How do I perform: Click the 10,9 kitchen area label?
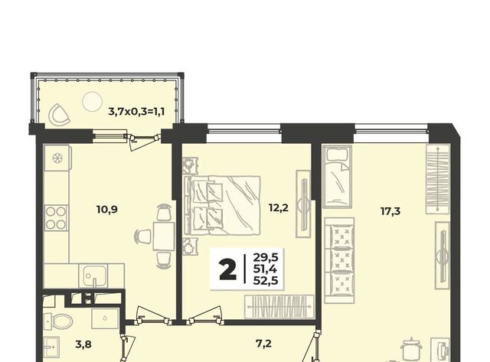(107, 209)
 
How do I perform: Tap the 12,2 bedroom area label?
(279, 207)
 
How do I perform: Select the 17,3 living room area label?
(390, 211)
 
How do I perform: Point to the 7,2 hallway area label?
(263, 344)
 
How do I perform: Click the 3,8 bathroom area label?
(83, 344)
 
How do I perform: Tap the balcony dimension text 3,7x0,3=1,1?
(136, 111)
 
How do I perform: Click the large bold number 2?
(228, 270)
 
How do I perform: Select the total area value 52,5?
(266, 281)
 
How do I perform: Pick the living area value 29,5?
(266, 258)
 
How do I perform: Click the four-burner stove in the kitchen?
(56, 218)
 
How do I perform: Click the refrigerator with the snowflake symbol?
(57, 158)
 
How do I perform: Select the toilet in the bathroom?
(58, 321)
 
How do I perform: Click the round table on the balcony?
(92, 101)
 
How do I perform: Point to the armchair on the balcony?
(59, 114)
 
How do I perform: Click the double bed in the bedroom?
(222, 205)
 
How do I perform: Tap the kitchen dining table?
(163, 236)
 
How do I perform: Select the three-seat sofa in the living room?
(339, 260)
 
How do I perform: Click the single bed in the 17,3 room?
(338, 177)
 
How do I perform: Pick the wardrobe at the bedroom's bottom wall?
(279, 307)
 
